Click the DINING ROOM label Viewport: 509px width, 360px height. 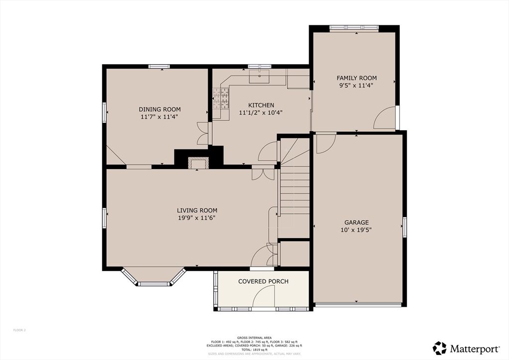[x=160, y=109]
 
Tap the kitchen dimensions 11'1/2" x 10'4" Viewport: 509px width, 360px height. [x=261, y=113]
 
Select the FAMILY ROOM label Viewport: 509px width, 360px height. [x=356, y=78]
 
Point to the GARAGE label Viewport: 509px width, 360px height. [x=356, y=222]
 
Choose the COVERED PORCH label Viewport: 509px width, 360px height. [x=263, y=281]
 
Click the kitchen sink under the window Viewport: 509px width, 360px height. [x=259, y=77]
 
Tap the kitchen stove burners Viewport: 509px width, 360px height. [x=221, y=97]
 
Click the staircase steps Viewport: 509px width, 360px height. [x=294, y=189]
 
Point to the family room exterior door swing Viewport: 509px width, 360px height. [x=385, y=118]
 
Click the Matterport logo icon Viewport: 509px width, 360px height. [x=439, y=348]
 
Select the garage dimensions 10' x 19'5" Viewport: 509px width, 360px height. [x=356, y=230]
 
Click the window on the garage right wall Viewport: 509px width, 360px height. [x=405, y=227]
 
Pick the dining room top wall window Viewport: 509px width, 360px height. [x=159, y=67]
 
